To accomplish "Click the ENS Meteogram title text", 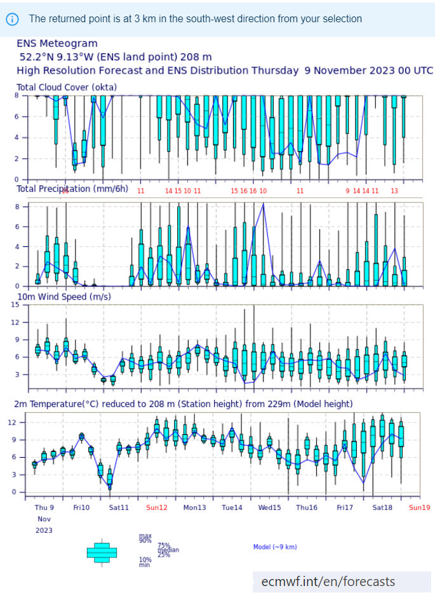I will tap(57, 44).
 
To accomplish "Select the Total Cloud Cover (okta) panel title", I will tap(67, 87).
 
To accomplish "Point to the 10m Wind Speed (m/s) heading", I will tap(64, 297).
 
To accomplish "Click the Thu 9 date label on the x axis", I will tap(44, 507).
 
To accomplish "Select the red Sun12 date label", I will tap(157, 507).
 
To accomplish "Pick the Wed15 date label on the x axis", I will tap(269, 507).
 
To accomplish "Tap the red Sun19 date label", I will tap(420, 507).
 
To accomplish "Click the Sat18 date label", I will tap(382, 507).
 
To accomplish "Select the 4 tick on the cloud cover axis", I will tap(17, 138).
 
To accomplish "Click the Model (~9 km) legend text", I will tap(275, 547).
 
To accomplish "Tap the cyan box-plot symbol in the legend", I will tap(102, 552).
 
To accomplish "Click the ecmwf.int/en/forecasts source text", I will tap(328, 582).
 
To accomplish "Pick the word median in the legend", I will tap(168, 550).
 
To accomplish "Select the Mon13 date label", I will tap(194, 507).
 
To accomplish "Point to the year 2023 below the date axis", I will tap(44, 530).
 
